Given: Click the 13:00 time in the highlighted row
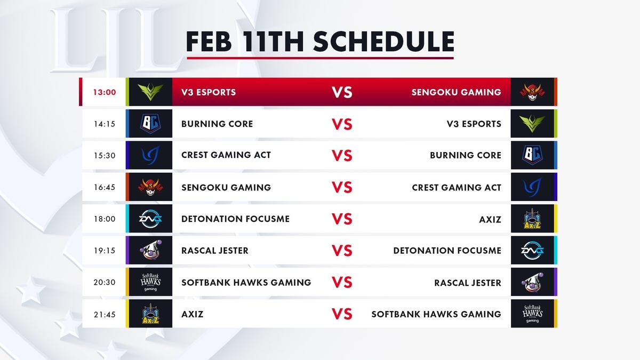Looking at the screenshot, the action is click(105, 92).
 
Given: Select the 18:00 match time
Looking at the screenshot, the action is click(105, 219).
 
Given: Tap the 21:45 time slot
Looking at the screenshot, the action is click(105, 314).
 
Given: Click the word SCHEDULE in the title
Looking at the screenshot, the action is click(383, 42).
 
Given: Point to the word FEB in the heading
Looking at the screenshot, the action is click(209, 42).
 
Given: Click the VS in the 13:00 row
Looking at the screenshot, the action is click(342, 92).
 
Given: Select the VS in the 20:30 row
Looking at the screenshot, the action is click(342, 282).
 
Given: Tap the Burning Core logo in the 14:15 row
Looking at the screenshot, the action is click(150, 124).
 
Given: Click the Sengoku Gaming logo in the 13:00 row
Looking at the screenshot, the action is click(532, 92).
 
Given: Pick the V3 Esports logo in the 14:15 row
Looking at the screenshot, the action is click(532, 124).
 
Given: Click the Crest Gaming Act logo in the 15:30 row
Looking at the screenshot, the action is click(150, 155).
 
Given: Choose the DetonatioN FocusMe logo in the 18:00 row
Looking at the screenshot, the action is click(150, 219).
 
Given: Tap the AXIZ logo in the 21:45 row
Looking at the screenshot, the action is click(150, 314).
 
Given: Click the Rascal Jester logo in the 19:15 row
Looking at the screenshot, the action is click(150, 250).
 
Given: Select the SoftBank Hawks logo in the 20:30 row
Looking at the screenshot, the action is click(150, 282).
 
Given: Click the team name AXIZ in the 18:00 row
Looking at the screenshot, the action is click(490, 219).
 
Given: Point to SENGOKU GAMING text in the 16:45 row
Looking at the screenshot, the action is click(226, 187).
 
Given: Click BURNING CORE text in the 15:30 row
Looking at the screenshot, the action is click(466, 155).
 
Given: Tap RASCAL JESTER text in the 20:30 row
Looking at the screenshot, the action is click(468, 283).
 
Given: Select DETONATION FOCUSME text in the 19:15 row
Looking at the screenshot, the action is click(447, 251).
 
